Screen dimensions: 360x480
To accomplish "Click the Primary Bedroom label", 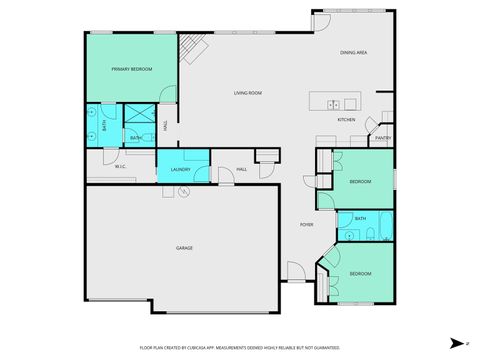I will click(x=132, y=69).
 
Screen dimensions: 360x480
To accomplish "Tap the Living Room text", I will click(x=248, y=94).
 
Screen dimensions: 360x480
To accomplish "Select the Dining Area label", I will click(x=354, y=52).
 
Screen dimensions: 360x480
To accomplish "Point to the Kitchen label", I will click(x=346, y=120).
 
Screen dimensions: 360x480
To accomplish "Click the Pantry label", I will click(x=383, y=139).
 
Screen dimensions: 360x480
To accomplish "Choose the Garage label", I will click(x=184, y=248).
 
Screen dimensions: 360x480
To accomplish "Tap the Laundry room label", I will click(x=181, y=170).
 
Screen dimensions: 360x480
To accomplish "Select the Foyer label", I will click(x=306, y=224).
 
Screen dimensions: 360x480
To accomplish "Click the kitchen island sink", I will click(x=334, y=103).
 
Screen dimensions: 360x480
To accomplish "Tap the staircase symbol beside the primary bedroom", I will click(x=192, y=46).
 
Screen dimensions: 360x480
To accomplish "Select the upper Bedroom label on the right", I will click(x=360, y=182).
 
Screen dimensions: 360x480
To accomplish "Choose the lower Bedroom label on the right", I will click(x=360, y=273).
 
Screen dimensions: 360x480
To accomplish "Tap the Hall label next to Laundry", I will click(x=241, y=170).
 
